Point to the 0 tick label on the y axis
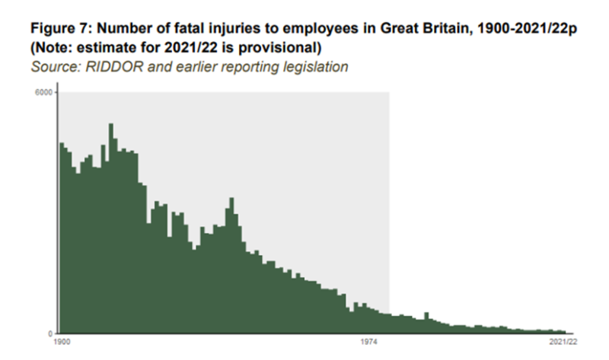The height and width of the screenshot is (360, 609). click(x=49, y=333)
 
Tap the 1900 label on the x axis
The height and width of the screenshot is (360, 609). click(x=64, y=343)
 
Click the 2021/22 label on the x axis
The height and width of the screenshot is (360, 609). click(x=563, y=343)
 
